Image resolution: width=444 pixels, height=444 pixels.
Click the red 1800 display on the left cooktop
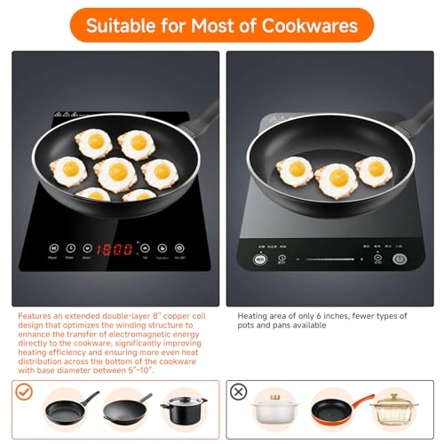click(117, 249)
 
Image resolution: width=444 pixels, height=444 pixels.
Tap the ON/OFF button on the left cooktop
click(179, 249)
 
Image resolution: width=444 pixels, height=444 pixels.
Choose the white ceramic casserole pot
click(277, 410)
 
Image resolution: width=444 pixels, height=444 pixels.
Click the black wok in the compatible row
click(127, 409)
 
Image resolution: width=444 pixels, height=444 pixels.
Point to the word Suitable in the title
click(131, 25)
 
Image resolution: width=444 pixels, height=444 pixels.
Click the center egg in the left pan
click(115, 173)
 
